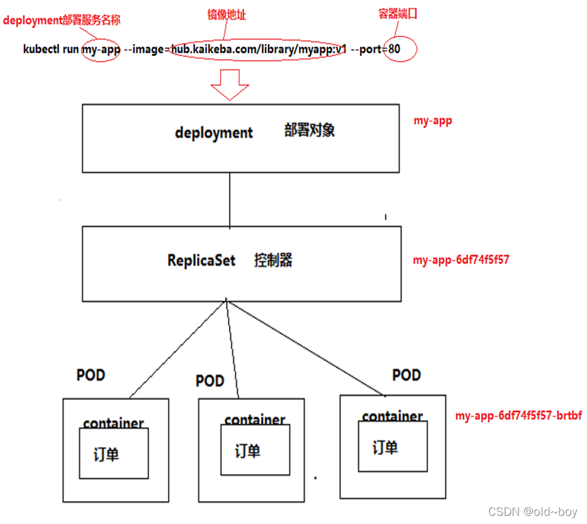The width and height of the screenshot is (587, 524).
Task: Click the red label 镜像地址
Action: click(227, 14)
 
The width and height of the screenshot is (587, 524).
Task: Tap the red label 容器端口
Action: click(398, 14)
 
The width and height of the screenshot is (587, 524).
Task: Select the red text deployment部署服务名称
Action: click(62, 20)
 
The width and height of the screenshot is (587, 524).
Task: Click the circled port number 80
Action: click(394, 49)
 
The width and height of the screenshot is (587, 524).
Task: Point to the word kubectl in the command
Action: click(42, 49)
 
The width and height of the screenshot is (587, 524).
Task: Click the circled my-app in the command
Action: click(101, 49)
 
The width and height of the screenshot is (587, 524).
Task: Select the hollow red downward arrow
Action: click(230, 84)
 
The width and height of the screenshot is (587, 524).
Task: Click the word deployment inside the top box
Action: click(214, 133)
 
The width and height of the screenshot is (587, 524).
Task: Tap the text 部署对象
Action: click(310, 130)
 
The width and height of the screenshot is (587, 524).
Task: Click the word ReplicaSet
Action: click(201, 260)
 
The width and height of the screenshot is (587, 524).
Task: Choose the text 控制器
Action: click(274, 260)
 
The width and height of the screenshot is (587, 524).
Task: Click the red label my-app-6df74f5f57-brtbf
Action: click(518, 416)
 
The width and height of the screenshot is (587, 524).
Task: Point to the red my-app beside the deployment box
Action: click(433, 121)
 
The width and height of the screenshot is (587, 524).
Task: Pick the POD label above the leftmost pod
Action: click(91, 376)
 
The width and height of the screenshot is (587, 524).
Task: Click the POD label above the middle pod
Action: click(210, 381)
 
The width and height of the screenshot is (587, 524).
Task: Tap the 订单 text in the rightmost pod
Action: click(385, 448)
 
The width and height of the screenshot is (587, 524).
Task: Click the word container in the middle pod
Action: click(255, 420)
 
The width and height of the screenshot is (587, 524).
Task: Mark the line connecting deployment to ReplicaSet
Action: click(230, 200)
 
